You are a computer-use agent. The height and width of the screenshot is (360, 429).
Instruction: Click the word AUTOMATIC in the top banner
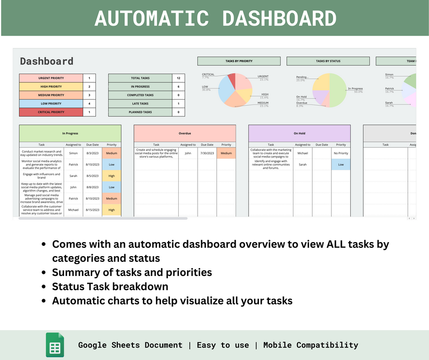coord(152,18)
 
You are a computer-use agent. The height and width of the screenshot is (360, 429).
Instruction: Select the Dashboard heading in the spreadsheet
coord(46,61)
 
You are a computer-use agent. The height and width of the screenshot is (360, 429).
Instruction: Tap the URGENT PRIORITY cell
coord(51,78)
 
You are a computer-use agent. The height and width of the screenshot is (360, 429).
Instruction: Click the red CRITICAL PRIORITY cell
coord(51,112)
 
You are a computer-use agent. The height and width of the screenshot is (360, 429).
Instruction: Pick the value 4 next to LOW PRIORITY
coord(89,103)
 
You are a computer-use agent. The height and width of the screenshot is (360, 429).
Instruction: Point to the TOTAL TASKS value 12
coord(178,78)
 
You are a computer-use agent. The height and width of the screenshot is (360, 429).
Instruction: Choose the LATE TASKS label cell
coord(140,103)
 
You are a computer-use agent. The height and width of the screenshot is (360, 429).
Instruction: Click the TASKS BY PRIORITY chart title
coord(239,61)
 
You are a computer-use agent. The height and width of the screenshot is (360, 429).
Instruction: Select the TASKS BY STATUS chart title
coord(328,61)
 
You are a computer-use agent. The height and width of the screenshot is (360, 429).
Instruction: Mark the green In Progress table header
coord(70,133)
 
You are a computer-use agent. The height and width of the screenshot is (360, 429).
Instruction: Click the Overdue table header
coord(185,133)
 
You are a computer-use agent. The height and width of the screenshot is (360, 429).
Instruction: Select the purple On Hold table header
coord(299,133)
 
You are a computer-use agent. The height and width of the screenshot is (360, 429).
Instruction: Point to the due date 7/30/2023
coord(207,153)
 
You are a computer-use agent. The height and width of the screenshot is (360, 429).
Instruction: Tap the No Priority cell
coord(341,153)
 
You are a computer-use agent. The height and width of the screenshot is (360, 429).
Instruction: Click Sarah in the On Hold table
coord(302,164)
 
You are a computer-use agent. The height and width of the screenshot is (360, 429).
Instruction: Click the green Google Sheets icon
coord(55,345)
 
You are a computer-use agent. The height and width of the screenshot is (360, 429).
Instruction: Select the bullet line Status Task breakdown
coord(110,286)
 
